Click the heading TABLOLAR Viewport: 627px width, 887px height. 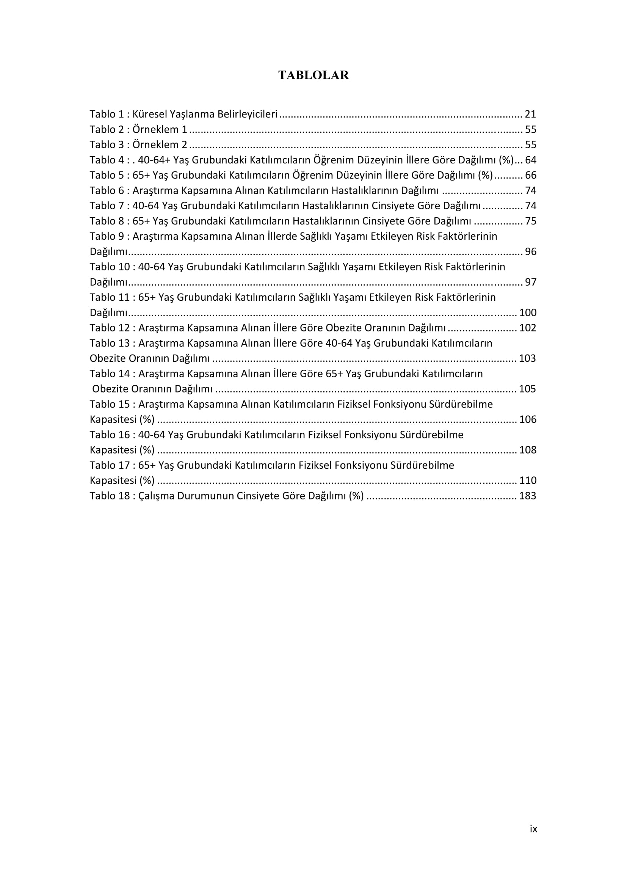313,75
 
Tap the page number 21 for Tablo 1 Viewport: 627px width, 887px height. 530,114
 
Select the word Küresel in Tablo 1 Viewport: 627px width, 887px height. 150,114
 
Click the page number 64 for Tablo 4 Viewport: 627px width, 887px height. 530,160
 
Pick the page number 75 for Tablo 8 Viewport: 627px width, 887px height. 530,221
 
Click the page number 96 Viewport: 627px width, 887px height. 530,251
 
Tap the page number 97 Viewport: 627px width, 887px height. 530,282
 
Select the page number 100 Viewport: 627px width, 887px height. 528,312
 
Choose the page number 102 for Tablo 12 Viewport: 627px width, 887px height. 528,328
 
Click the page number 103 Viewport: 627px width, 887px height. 527,358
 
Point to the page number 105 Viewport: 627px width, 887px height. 527,389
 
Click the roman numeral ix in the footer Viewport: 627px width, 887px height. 533,829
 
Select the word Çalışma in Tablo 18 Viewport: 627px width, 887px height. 156,496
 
